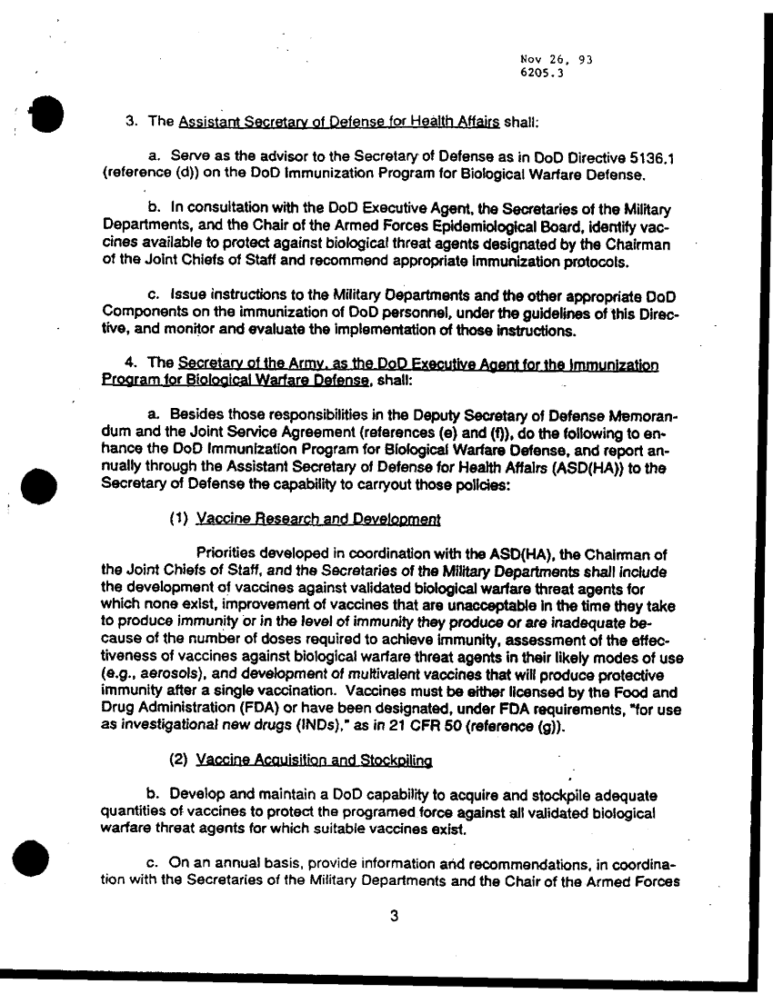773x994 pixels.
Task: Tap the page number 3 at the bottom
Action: [394, 916]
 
